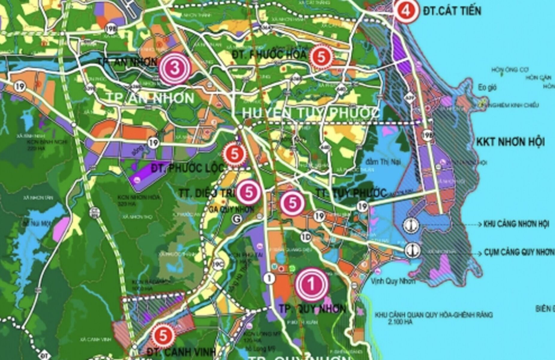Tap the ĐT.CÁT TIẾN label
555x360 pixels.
[452, 11]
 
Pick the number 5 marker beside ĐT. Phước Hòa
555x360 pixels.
[321, 56]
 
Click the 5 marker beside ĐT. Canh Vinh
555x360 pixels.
[163, 335]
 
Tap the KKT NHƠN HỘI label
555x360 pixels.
[510, 142]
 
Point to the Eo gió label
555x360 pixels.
[487, 88]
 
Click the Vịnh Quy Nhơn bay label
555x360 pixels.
[393, 281]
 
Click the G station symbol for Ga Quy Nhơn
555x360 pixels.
[237, 219]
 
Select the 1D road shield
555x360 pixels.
[306, 237]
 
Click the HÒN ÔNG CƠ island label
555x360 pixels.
[509, 70]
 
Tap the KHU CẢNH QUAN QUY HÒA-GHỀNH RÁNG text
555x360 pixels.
[433, 315]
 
